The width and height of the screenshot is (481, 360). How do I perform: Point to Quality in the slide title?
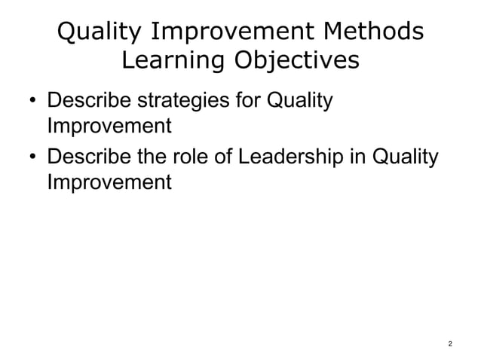click(97, 33)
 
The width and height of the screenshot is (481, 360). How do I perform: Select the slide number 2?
click(449, 344)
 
